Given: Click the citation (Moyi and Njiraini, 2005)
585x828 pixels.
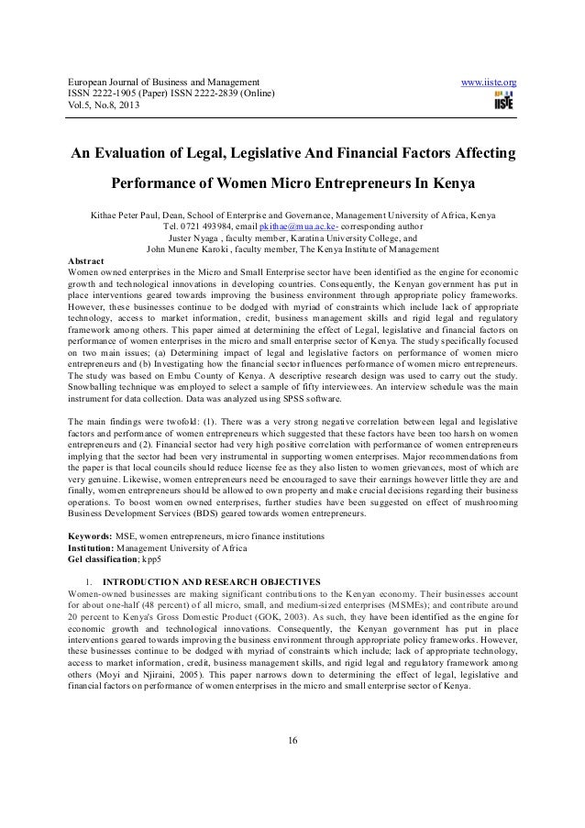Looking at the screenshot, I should click(x=151, y=671).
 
